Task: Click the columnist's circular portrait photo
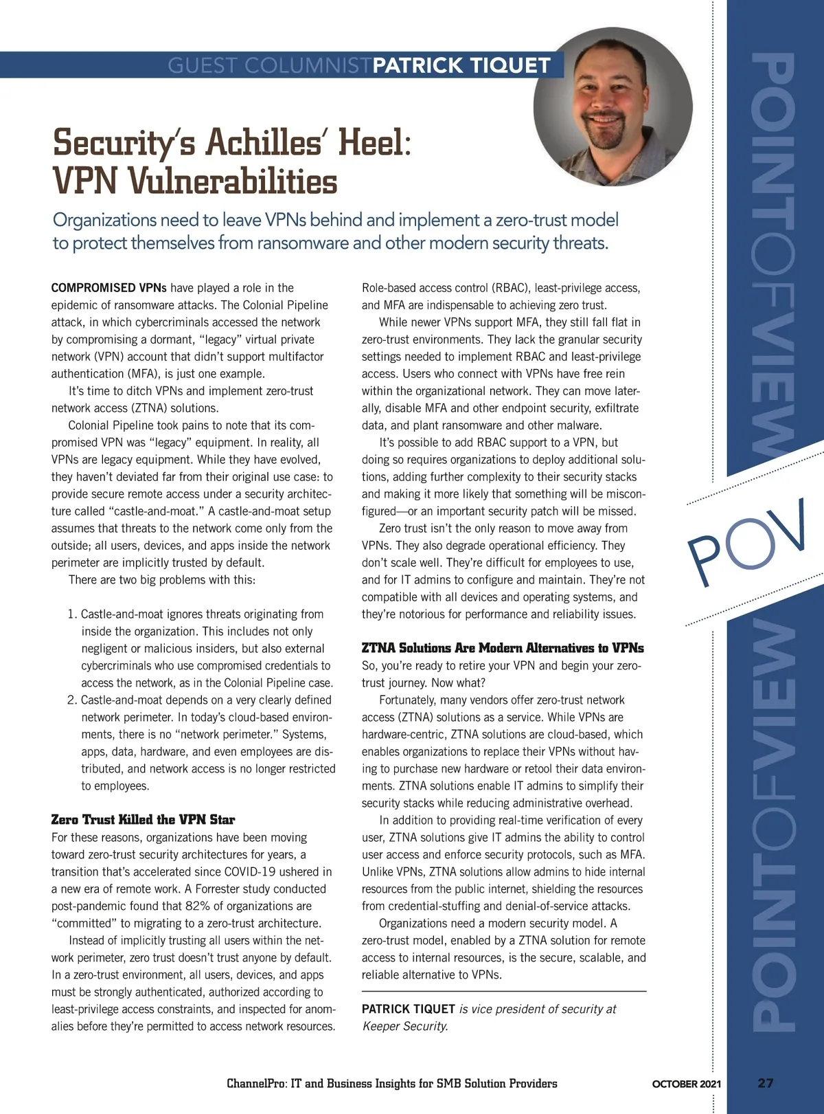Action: [613, 109]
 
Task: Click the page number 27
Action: [766, 1083]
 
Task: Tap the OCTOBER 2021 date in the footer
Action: [686, 1084]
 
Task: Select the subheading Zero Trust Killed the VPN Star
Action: [143, 820]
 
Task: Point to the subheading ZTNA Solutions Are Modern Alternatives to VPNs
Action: [503, 648]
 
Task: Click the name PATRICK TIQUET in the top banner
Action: [461, 65]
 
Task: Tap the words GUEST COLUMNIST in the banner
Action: [269, 65]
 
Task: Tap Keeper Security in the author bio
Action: [405, 1027]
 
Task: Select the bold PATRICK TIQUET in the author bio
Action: [408, 1009]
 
